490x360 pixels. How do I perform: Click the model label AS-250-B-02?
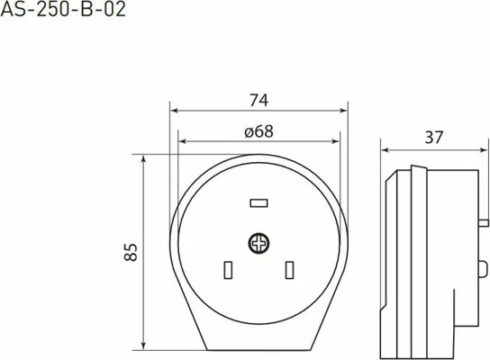tap(63, 9)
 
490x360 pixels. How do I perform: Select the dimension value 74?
tap(259, 101)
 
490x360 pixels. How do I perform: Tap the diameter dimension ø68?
tap(259, 131)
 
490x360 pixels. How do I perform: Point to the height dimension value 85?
tap(131, 252)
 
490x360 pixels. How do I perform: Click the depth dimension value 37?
tap(434, 138)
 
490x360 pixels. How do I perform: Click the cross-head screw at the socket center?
tap(259, 243)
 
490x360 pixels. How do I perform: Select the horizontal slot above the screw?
tap(259, 203)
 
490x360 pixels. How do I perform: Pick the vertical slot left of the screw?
tap(228, 270)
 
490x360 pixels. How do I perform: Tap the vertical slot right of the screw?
tap(290, 270)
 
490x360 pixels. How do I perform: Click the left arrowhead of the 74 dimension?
tap(174, 111)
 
